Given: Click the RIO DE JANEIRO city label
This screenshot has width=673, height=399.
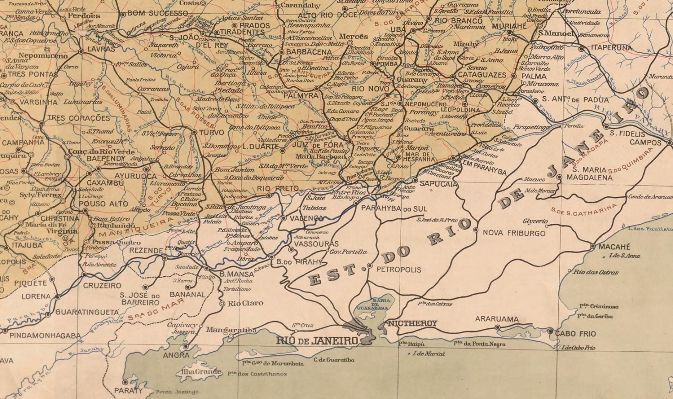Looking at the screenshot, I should [x=316, y=341].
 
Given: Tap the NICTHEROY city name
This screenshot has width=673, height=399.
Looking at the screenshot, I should [x=413, y=324].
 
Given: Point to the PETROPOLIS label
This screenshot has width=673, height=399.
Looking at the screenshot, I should [x=398, y=270].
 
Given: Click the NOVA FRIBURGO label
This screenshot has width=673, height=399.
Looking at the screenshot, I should [x=514, y=233].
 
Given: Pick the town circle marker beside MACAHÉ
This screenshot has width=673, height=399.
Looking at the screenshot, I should [x=593, y=246].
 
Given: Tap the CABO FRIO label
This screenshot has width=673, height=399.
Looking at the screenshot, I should [x=575, y=333].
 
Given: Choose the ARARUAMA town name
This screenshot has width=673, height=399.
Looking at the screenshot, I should [x=497, y=319].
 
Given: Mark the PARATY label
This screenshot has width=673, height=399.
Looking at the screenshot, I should [x=128, y=391].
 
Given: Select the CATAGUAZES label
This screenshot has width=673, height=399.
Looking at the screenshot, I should [x=482, y=75].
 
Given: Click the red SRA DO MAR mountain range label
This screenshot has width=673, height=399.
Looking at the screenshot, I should [x=156, y=310].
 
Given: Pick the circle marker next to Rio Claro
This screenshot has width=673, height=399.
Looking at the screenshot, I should [x=223, y=304].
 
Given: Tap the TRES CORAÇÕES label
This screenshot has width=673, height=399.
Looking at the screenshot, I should [x=78, y=118].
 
